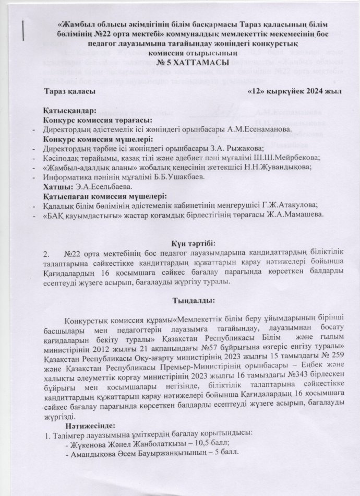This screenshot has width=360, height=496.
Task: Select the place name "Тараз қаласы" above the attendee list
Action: (x=70, y=92)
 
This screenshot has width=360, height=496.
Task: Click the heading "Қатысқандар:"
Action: (x=70, y=111)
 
